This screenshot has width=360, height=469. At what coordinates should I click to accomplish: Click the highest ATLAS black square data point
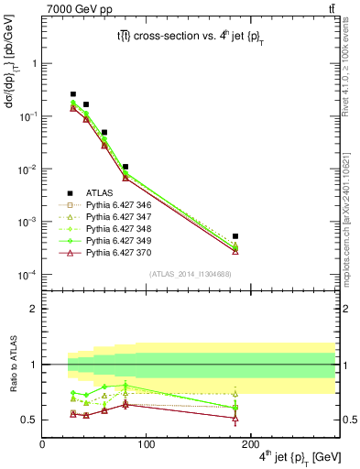click(x=73, y=94)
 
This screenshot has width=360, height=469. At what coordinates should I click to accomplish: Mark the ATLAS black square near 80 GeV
click(x=125, y=167)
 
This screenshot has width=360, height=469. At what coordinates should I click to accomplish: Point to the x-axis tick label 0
click(x=42, y=443)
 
